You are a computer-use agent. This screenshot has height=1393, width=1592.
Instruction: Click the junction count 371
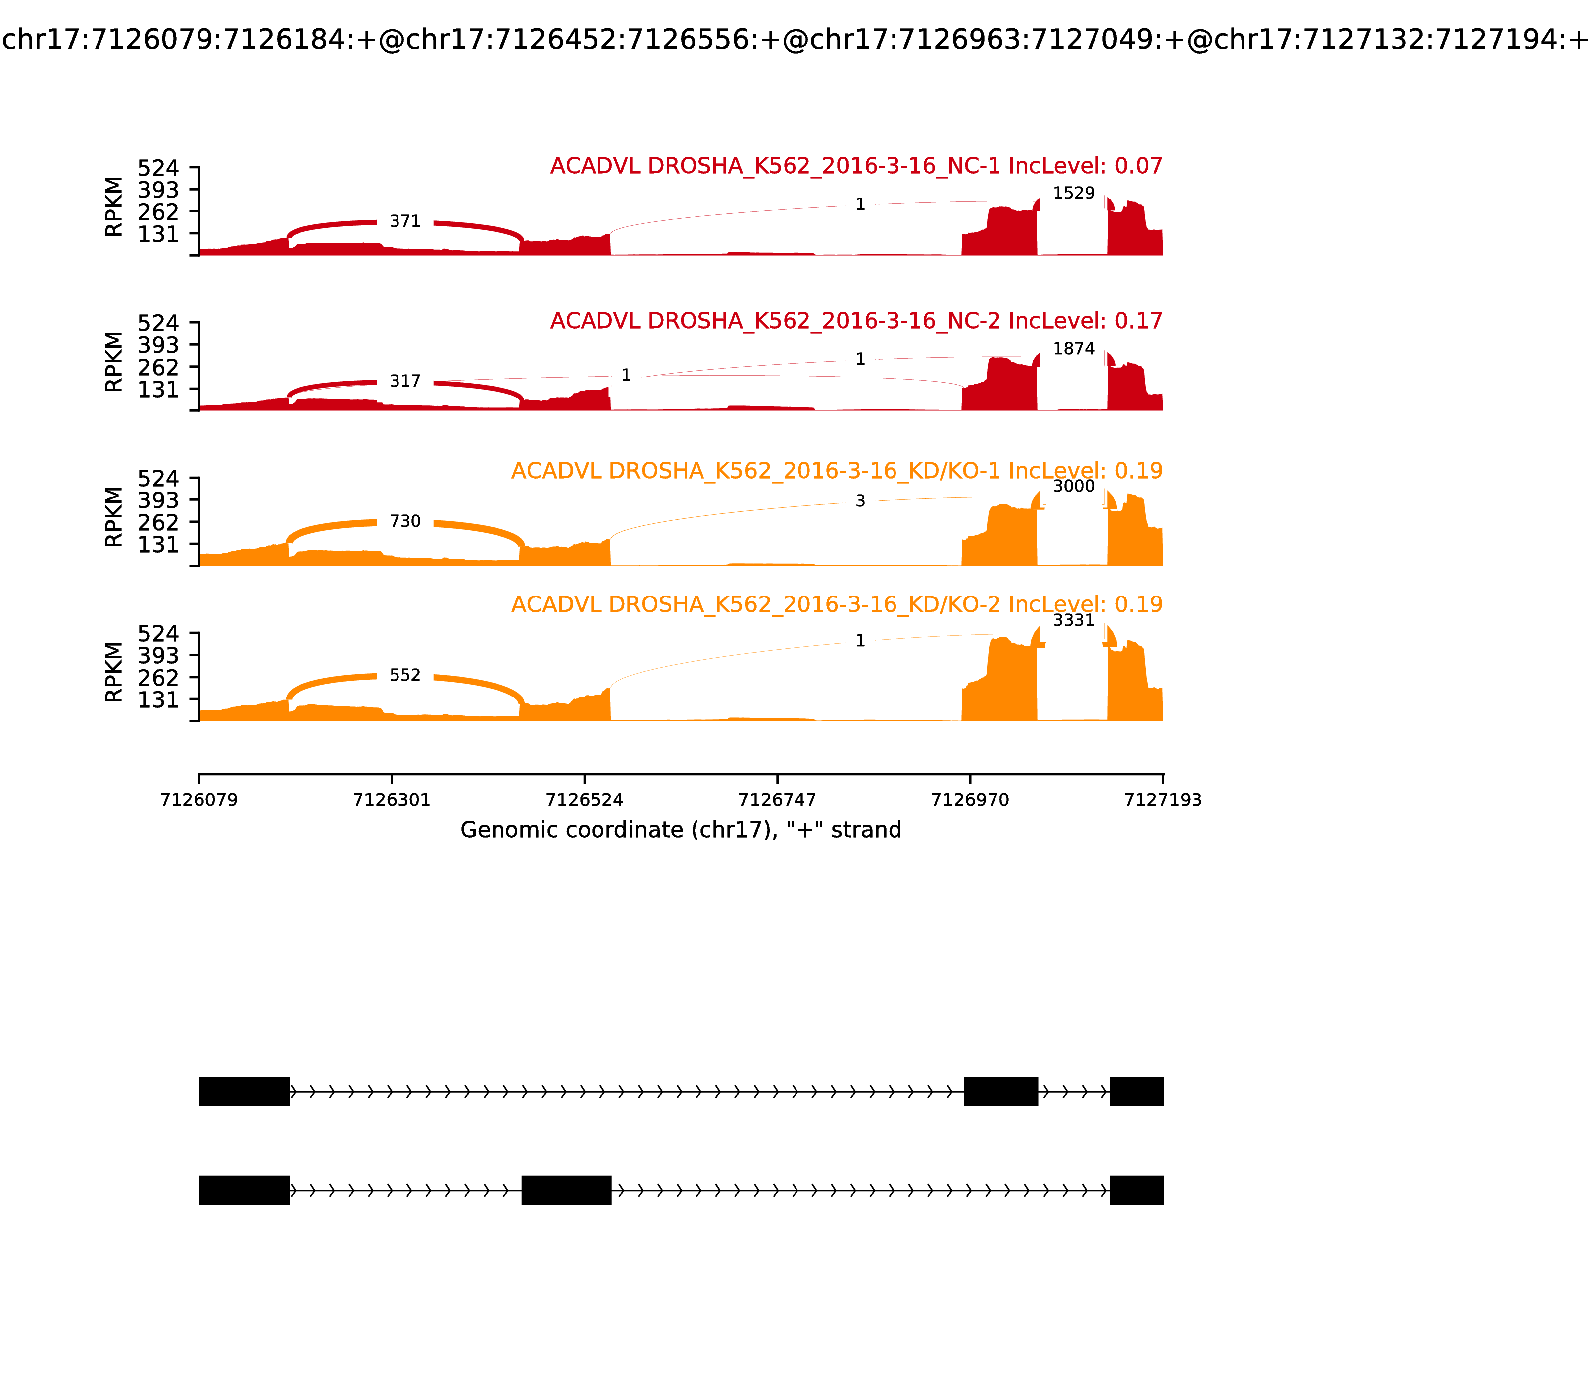click(x=405, y=221)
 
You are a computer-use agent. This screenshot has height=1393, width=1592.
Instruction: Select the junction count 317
click(x=405, y=381)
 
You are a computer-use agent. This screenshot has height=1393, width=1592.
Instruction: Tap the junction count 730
click(x=405, y=521)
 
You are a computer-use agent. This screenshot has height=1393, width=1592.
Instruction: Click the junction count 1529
click(x=1074, y=193)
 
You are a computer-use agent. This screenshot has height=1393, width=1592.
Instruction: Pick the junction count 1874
click(x=1074, y=349)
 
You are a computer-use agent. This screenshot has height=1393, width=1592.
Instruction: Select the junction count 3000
click(x=1074, y=487)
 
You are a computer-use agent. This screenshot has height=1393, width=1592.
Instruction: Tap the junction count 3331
click(x=1074, y=620)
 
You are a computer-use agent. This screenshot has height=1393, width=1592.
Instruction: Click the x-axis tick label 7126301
click(x=392, y=800)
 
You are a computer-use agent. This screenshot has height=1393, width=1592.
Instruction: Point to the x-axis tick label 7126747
click(x=777, y=800)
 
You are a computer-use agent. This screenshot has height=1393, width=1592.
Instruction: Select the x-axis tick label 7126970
click(x=970, y=800)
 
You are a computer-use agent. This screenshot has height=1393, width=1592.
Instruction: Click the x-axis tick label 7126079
click(x=199, y=800)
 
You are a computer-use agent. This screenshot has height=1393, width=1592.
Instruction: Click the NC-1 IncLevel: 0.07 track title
click(x=856, y=166)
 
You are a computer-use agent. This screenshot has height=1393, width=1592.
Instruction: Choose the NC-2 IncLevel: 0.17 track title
click(x=856, y=321)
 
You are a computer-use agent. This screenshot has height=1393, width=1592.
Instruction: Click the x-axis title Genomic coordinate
click(x=681, y=830)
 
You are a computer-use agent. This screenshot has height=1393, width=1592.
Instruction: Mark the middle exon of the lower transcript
click(x=566, y=1190)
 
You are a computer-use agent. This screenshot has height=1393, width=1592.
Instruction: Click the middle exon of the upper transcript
click(x=1000, y=1092)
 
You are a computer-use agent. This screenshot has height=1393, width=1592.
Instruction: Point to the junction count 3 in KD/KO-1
click(x=860, y=501)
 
